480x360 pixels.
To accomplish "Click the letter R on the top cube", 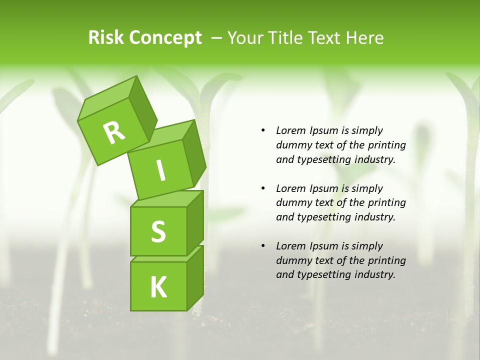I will (114, 132).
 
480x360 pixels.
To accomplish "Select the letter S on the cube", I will (158, 231).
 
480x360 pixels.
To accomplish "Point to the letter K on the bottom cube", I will (158, 287).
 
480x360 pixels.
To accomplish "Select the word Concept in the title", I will (165, 38).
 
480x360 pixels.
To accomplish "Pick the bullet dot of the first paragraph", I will (263, 131).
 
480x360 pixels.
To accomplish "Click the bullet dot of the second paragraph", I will (263, 188).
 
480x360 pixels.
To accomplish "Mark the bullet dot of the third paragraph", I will (263, 246).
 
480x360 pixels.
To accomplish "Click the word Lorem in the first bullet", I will (290, 130).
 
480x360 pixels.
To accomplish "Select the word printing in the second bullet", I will (386, 202).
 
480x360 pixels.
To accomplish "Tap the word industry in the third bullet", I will (374, 274).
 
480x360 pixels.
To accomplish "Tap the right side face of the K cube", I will (195, 277).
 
